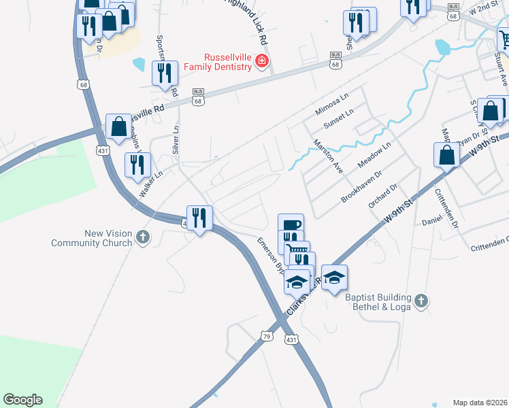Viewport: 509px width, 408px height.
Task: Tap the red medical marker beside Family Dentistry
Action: (261, 63)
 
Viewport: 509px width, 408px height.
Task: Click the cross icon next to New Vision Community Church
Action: (142, 237)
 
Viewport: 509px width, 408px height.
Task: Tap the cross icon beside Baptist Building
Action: (421, 299)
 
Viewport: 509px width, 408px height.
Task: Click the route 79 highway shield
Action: (266, 336)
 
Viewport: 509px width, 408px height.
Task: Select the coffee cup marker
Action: (291, 224)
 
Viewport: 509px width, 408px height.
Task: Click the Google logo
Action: (22, 400)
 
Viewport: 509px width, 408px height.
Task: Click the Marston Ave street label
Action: (327, 156)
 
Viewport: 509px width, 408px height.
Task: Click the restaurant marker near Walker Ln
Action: (137, 164)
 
